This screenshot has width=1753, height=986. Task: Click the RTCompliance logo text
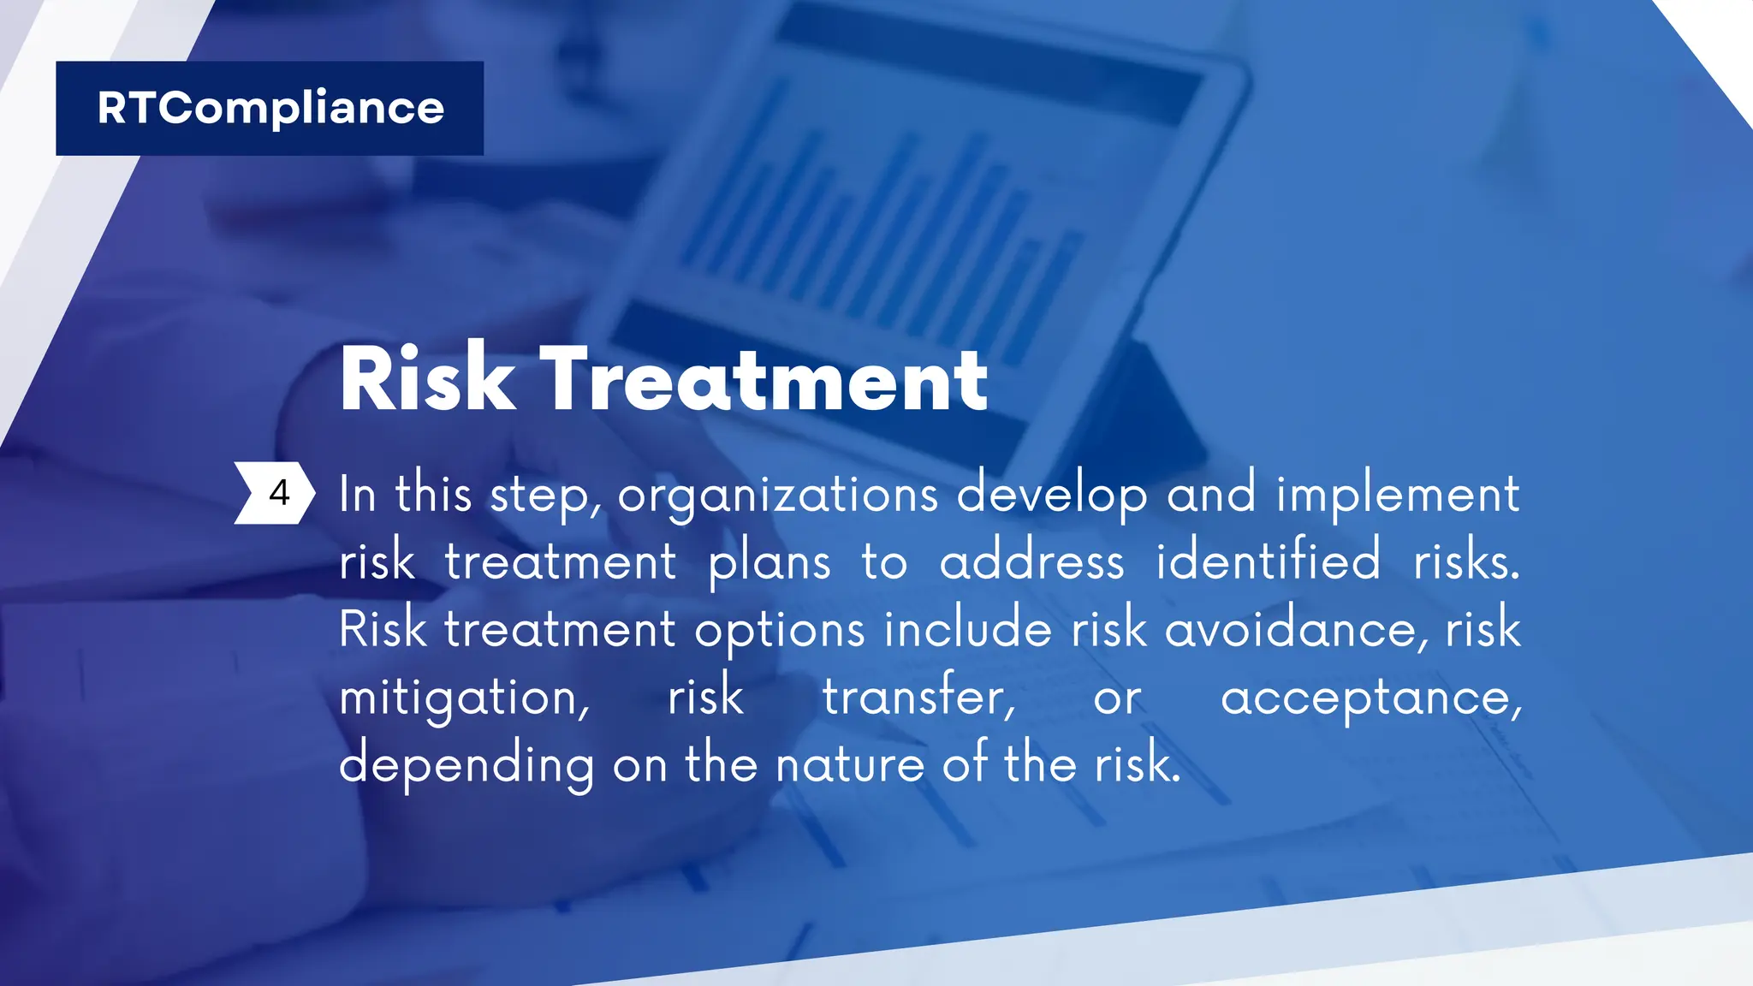(270, 109)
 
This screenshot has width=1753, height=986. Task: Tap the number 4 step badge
(276, 493)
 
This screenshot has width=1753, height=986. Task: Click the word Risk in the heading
(427, 379)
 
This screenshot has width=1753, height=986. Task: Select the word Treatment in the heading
(764, 379)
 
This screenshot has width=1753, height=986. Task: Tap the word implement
(1398, 495)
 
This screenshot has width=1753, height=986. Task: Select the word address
(1031, 563)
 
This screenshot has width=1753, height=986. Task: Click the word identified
(1268, 561)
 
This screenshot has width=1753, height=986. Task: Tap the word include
(967, 629)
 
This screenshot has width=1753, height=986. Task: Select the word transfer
(918, 696)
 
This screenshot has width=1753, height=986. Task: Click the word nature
(849, 764)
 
